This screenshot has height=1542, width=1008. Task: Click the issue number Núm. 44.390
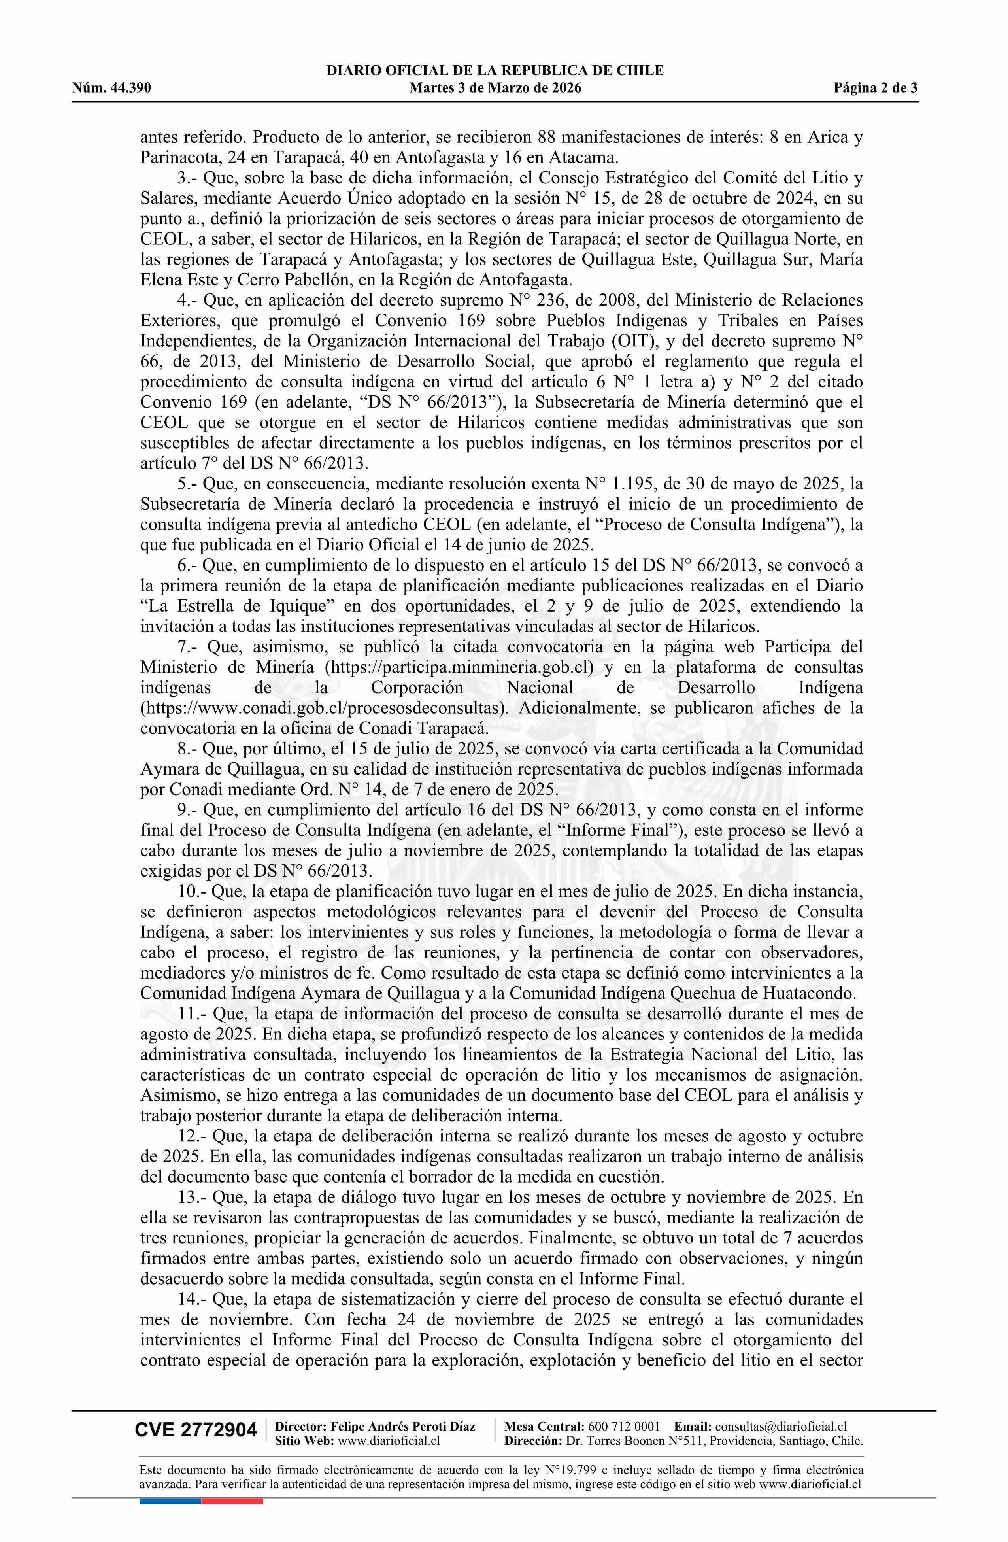point(111,88)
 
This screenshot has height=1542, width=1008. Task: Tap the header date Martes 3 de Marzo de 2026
point(495,88)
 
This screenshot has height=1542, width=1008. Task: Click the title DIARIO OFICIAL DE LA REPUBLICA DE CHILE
point(495,71)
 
